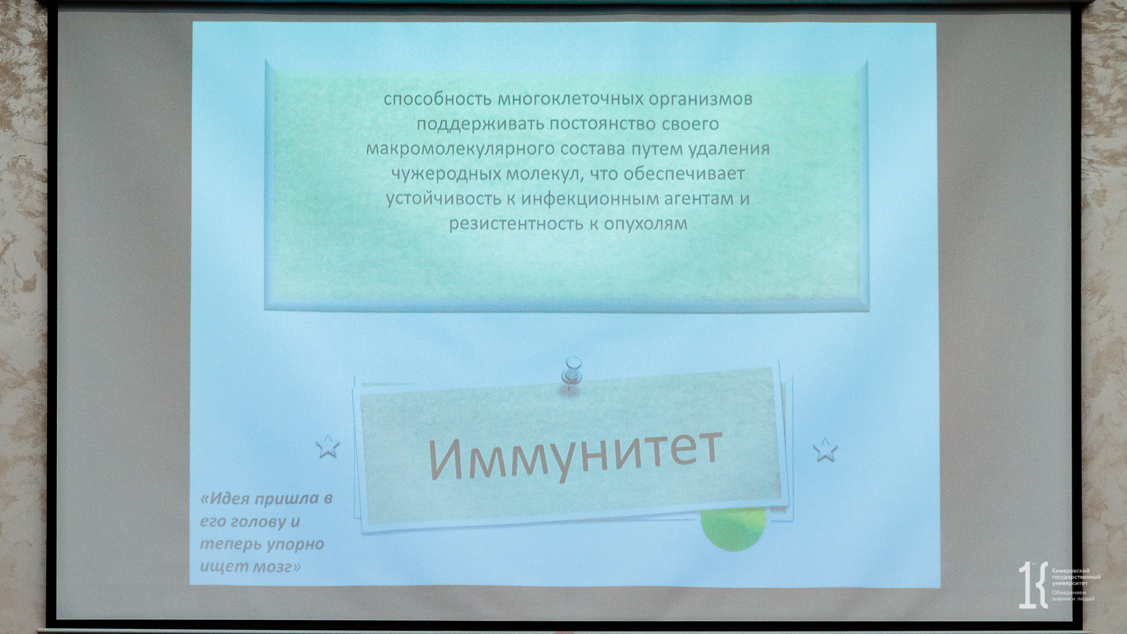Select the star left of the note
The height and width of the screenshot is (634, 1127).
(328, 446)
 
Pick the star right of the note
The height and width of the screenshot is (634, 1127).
(825, 450)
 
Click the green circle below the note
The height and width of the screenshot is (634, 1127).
(734, 530)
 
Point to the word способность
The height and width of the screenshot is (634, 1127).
(437, 99)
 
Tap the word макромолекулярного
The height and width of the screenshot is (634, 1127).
(460, 149)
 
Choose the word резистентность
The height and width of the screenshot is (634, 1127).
(516, 224)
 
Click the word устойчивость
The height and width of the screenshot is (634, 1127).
(443, 199)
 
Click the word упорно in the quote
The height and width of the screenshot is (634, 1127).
(296, 544)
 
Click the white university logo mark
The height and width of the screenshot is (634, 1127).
(1032, 585)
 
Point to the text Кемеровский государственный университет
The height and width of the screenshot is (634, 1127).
(1076, 577)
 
